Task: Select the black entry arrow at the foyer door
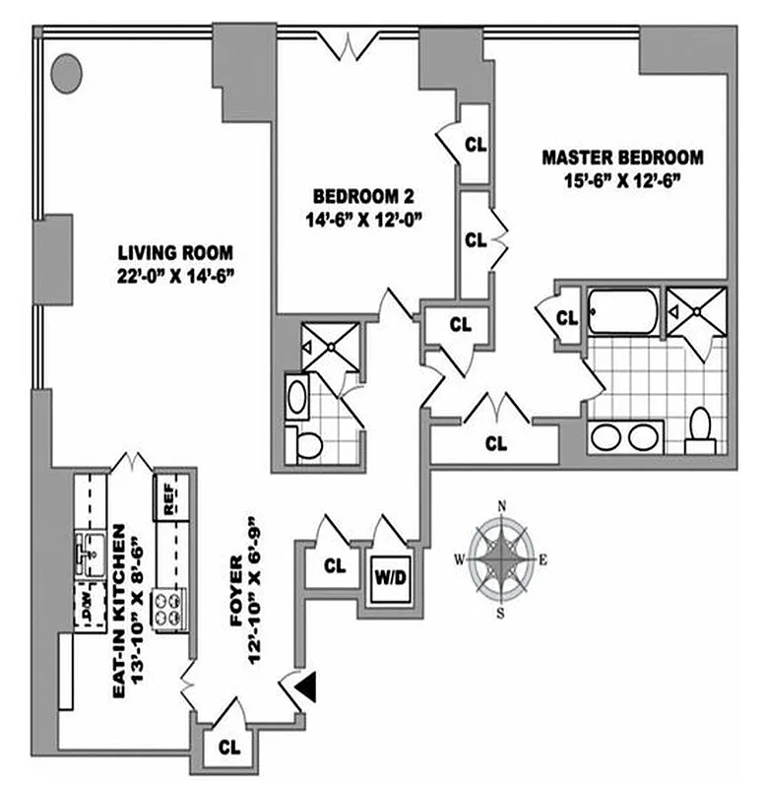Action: tap(307, 688)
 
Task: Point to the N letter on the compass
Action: tap(503, 507)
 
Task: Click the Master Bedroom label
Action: tap(624, 158)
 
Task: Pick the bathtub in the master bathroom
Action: tap(624, 313)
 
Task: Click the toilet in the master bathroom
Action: tap(701, 429)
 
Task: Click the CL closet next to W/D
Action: tap(335, 567)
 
